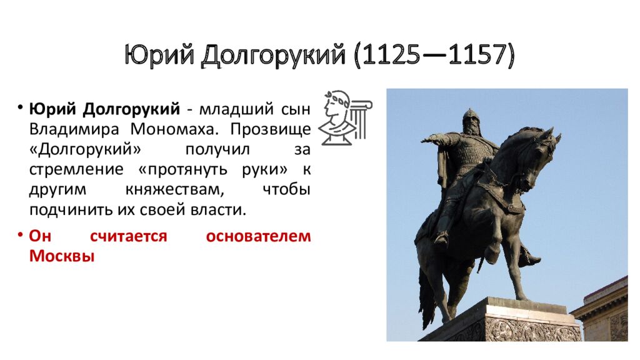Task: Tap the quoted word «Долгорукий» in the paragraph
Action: [83, 149]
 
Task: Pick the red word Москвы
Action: [61, 256]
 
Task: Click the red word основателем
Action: [258, 236]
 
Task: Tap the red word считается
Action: [129, 236]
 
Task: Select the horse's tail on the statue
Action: [427, 300]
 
